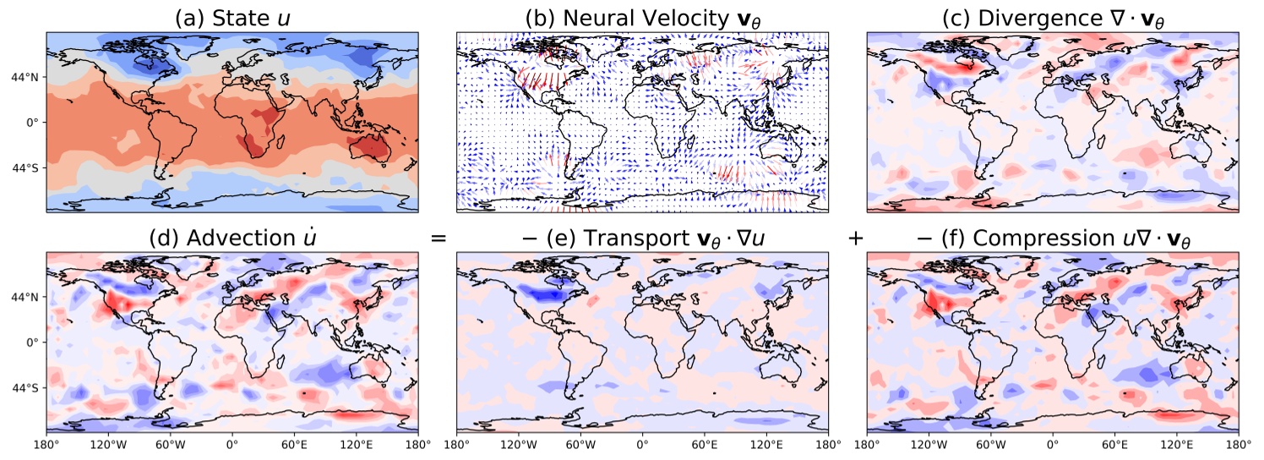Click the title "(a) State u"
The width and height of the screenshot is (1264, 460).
232,18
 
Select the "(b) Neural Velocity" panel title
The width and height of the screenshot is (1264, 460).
642,18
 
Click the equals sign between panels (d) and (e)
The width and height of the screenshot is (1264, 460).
438,238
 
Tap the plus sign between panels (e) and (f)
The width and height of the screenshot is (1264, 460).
855,238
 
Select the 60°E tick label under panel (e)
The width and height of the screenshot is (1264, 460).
704,445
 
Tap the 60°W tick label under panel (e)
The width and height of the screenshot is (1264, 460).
580,445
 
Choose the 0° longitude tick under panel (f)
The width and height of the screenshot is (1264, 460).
1053,445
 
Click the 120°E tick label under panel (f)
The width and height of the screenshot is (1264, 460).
1177,445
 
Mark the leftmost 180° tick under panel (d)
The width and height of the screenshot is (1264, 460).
46,445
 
